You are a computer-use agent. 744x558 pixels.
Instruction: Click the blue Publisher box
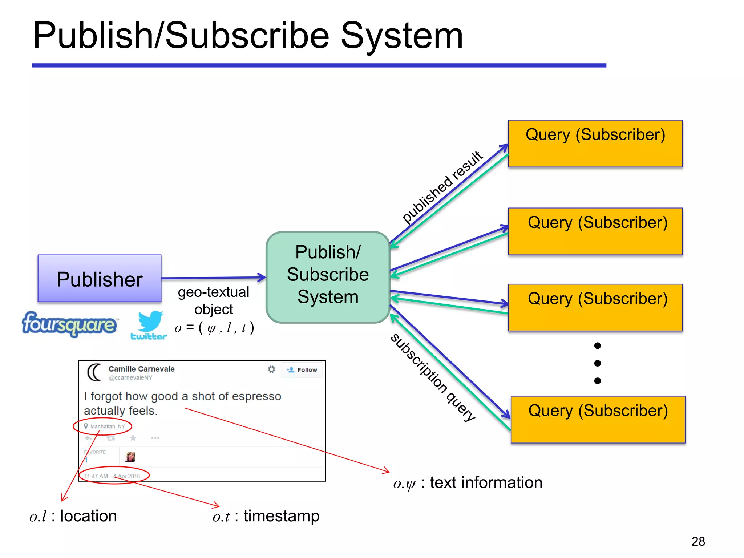[x=100, y=279]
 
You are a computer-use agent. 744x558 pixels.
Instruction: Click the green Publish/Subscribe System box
[x=328, y=277]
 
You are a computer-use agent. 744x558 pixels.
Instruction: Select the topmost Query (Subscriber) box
[x=595, y=143]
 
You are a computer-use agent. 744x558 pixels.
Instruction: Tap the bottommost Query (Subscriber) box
[x=598, y=420]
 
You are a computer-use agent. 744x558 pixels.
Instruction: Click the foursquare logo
[x=69, y=324]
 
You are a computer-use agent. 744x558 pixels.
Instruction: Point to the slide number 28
[x=698, y=541]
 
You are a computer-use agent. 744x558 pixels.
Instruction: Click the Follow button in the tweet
[x=302, y=370]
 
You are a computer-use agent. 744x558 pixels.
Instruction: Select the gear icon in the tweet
[x=271, y=369]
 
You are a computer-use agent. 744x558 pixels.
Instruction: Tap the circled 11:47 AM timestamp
[x=113, y=476]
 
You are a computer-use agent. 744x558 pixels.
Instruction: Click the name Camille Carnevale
[x=141, y=369]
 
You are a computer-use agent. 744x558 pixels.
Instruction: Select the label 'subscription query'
[x=432, y=378]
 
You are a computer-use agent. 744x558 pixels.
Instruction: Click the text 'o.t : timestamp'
[x=266, y=516]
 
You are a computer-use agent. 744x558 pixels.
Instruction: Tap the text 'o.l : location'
[x=73, y=516]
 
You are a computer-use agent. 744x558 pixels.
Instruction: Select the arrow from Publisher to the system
[x=214, y=278]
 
